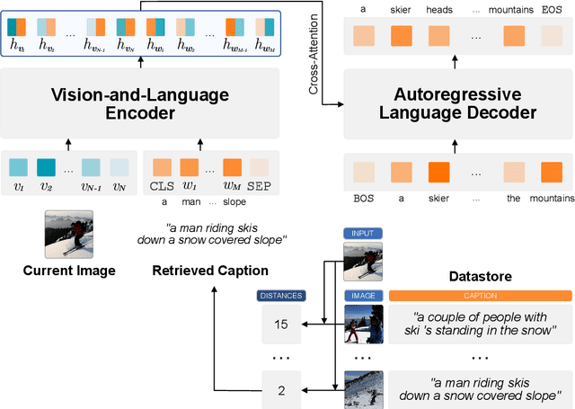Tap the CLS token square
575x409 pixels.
(x=162, y=167)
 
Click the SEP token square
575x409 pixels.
(x=258, y=167)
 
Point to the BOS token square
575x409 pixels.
(x=365, y=172)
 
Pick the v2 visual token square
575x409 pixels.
(x=46, y=167)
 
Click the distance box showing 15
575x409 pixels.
(x=280, y=323)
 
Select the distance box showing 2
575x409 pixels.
(x=280, y=389)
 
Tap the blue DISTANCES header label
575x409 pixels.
(x=280, y=295)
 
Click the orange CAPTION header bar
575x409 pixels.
(x=480, y=295)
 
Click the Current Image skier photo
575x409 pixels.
(x=69, y=234)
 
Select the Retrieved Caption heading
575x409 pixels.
(x=210, y=271)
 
